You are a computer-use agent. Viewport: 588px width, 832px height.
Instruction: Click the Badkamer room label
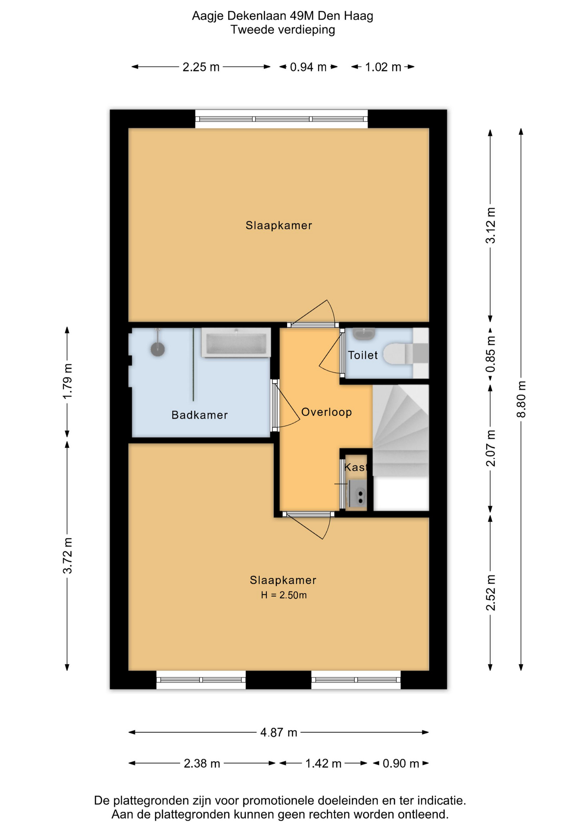pos(200,415)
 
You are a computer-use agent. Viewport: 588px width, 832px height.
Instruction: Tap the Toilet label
pos(363,355)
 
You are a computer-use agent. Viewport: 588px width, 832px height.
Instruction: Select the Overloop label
pos(326,412)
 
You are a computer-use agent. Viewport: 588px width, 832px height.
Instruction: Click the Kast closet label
pos(355,467)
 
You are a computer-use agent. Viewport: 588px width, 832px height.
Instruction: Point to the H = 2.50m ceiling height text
pos(284,595)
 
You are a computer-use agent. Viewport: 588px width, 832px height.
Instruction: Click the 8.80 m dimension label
pos(521,399)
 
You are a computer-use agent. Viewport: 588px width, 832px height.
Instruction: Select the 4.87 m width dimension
pos(279,732)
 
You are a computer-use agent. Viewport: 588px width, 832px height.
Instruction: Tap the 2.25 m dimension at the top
pos(201,67)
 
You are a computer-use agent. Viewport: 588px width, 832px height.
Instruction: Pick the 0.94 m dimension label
pos(308,67)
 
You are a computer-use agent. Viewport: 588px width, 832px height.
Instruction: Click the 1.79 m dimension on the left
pos(68,382)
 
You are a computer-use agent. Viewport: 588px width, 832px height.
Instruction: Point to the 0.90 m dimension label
pos(401,764)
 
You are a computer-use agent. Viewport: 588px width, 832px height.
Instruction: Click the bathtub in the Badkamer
pos(236,343)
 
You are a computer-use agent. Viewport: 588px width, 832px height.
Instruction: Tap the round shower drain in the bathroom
pos(158,349)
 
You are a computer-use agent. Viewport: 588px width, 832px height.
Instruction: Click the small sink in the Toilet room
pos(364,334)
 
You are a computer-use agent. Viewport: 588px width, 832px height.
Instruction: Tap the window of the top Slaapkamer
pos(281,119)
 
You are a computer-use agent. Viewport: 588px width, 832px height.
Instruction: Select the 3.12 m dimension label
pos(491,225)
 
